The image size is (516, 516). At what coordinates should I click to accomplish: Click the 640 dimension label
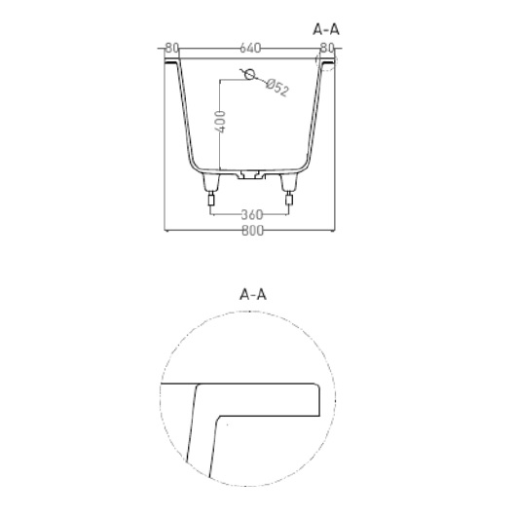pos(250,48)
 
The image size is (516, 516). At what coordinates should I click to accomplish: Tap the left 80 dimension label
pos(171,48)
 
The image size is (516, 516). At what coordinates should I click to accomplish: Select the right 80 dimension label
pos(327,48)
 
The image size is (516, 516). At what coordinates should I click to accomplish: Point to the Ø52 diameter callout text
pos(277,88)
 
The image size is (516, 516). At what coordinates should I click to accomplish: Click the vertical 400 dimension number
pos(220,122)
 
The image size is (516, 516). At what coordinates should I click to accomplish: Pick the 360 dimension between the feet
pos(252,215)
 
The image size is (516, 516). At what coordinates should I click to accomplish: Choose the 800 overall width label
pos(253,231)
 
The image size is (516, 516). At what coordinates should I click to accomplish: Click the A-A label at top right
pos(326,29)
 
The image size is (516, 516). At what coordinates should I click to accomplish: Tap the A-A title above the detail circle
pos(253,294)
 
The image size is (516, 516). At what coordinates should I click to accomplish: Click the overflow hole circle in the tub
pos(250,75)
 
